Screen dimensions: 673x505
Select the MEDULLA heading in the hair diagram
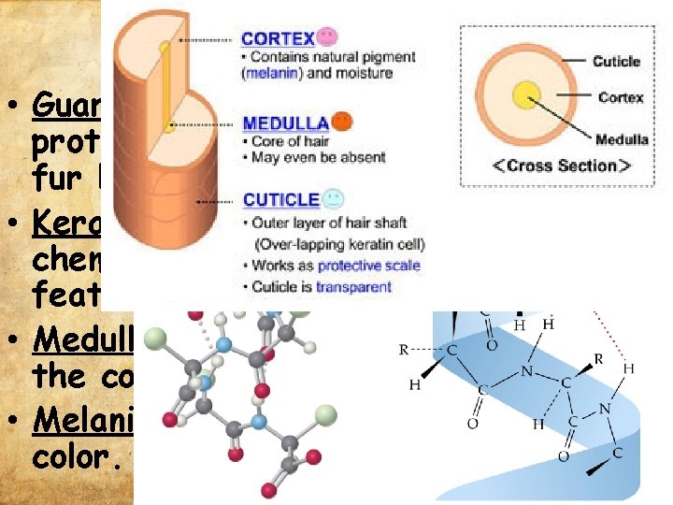[284, 123]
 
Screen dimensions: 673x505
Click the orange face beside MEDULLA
[343, 121]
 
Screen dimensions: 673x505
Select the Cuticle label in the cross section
[616, 62]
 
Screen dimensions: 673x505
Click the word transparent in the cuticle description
[353, 287]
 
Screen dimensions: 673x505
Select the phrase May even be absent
[318, 157]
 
